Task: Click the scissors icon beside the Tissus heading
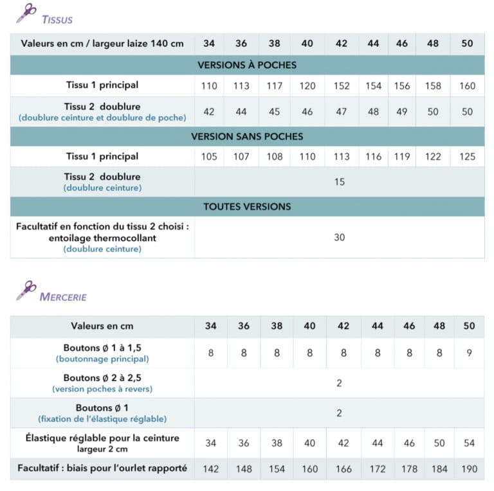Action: tap(26, 13)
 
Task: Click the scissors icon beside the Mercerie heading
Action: tap(26, 290)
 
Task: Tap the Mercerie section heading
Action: tap(63, 297)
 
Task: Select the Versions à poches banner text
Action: tap(247, 65)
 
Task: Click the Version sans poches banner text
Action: tap(247, 136)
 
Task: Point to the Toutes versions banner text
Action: tap(247, 206)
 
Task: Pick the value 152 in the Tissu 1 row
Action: tap(342, 85)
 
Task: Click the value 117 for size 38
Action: tap(275, 85)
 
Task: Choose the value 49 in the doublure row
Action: tap(402, 111)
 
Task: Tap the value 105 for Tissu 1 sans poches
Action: tap(209, 156)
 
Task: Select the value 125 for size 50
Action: tap(468, 156)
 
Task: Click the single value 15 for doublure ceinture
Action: tap(340, 182)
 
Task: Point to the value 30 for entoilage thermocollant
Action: tap(340, 237)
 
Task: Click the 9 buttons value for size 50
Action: tap(470, 353)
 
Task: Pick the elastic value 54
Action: tap(470, 443)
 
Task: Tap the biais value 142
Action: tap(211, 469)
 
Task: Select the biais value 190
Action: tap(470, 469)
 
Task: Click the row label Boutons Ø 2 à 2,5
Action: tap(102, 378)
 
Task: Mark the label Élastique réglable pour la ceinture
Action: tap(102, 438)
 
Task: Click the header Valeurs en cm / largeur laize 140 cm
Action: tap(102, 44)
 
